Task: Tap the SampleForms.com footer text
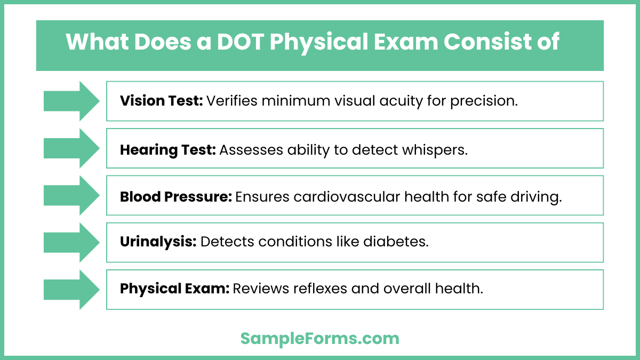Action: click(x=319, y=338)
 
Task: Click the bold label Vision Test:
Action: click(x=161, y=101)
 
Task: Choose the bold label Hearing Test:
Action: click(x=167, y=150)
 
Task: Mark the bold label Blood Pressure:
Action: click(x=175, y=197)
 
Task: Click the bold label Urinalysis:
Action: click(x=158, y=242)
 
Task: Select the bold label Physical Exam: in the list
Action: click(x=174, y=289)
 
